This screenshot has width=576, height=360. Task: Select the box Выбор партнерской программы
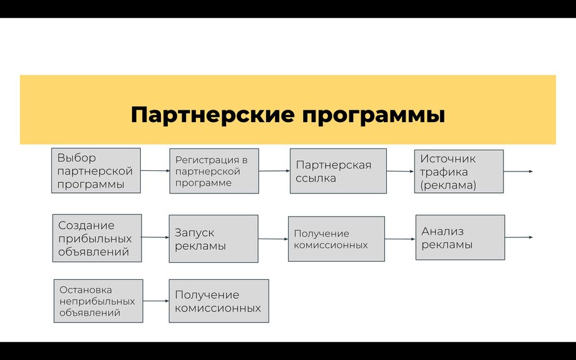(96, 171)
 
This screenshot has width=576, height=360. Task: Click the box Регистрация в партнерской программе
(213, 171)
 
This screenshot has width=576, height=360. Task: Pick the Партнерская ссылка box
(338, 171)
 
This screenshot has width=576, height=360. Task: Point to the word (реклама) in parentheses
(448, 185)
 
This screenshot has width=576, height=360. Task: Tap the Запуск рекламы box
(213, 239)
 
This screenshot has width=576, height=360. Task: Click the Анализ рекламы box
(460, 237)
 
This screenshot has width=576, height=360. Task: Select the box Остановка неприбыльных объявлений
(98, 301)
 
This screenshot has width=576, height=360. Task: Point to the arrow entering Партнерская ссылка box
(274, 170)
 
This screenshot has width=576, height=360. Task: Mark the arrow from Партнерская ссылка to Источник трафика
(401, 171)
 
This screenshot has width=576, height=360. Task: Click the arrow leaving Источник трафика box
(518, 171)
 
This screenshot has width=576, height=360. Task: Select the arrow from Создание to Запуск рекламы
(155, 237)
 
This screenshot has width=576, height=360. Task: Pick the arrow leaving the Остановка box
(156, 301)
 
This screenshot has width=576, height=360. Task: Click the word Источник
(448, 159)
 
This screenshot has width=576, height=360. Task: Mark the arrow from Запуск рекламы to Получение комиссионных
(273, 239)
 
